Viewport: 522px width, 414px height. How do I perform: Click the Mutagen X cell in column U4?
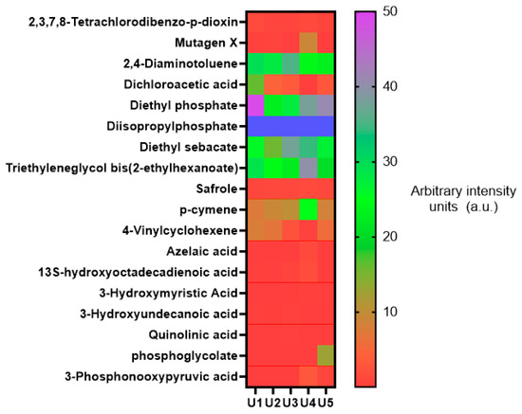[308, 43]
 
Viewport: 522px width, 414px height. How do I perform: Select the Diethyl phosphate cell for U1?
[255, 105]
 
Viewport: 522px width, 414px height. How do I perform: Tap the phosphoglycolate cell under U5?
[326, 355]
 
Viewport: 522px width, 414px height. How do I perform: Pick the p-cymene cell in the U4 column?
[308, 209]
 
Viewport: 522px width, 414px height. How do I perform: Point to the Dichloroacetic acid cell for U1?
[255, 84]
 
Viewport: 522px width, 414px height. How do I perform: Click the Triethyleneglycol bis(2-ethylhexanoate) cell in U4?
[308, 168]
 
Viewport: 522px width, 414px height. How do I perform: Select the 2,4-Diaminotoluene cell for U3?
[290, 63]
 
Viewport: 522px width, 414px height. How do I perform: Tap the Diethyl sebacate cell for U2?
[273, 147]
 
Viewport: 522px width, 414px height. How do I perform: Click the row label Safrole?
[216, 189]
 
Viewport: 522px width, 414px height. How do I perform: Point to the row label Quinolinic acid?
[193, 334]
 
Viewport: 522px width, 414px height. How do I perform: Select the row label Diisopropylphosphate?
[172, 126]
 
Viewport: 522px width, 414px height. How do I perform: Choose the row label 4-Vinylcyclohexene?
[179, 230]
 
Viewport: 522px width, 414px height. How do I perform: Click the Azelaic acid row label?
[202, 251]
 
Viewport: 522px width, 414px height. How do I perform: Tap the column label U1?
[255, 403]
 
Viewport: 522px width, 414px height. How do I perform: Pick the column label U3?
[290, 403]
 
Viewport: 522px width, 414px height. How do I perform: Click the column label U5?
[326, 403]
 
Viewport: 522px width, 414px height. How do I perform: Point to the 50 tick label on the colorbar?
[390, 11]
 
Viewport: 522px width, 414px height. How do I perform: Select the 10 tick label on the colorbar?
[390, 312]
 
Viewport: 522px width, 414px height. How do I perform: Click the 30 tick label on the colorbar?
[390, 162]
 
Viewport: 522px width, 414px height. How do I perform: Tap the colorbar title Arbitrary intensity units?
[463, 199]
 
